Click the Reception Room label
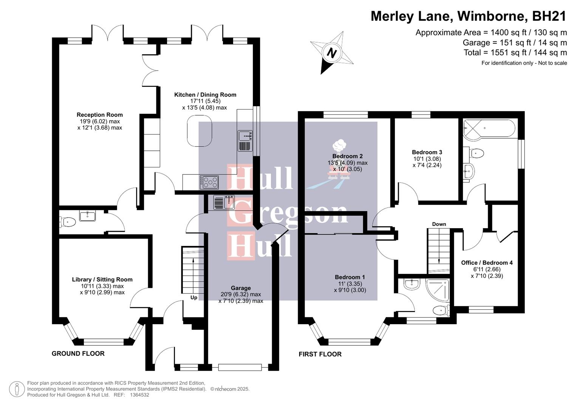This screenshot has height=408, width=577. coord(100,115)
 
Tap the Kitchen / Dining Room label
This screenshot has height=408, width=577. coord(205,95)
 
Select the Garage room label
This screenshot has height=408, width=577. coord(241,288)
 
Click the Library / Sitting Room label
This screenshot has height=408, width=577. coord(102,280)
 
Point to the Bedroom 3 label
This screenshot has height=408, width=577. coord(427,152)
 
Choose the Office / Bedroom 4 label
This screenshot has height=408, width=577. coord(487,263)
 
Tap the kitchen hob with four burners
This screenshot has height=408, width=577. coord(209,182)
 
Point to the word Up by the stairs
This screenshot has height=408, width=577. coord(194,297)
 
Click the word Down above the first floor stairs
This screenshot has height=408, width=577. coord(439,224)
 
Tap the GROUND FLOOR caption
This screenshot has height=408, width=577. coord(78,354)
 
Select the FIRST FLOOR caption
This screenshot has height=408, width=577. coord(320,354)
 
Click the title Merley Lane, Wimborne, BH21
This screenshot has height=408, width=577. coord(469,16)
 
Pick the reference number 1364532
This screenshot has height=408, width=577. coord(139,395)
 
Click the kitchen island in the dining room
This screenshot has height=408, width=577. coord(200,131)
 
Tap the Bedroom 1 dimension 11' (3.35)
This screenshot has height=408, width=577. coord(350,284)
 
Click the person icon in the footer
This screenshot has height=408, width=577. coord(17,389)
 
